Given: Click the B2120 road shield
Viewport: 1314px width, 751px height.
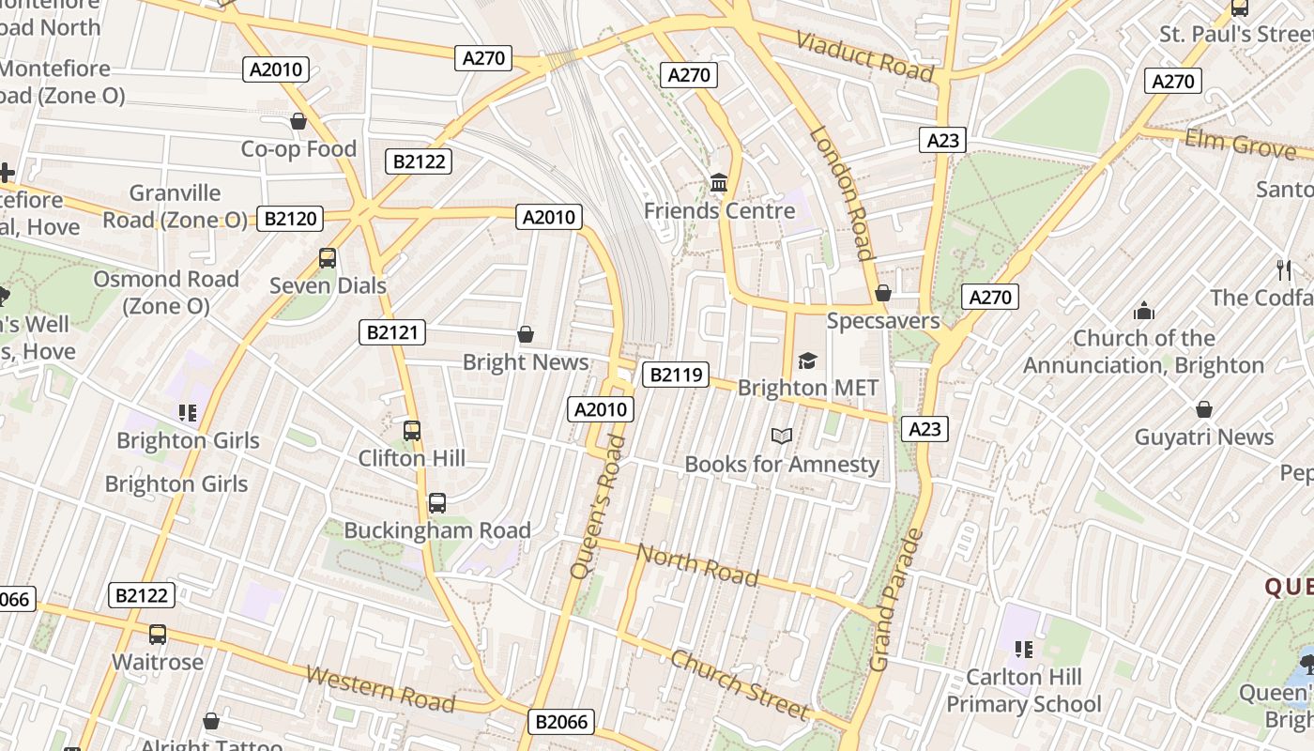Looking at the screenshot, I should (x=290, y=219).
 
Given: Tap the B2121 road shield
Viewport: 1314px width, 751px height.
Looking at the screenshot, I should (x=392, y=331).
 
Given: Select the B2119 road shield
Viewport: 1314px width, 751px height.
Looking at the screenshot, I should (x=675, y=375).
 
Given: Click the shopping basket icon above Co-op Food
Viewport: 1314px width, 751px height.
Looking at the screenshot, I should (x=298, y=121).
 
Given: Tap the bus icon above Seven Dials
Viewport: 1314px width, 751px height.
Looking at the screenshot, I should (x=328, y=257).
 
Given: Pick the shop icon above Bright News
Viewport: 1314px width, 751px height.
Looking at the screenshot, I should (x=526, y=334).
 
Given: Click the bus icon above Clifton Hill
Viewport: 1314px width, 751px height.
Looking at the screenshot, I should (x=412, y=431).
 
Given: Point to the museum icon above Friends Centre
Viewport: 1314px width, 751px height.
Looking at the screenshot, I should (x=719, y=182).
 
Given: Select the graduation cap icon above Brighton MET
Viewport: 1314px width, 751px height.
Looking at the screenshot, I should (x=807, y=360).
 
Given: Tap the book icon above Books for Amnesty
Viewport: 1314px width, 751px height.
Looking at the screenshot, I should (x=782, y=436).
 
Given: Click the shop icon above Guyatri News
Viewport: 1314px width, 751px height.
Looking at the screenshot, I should (x=1204, y=409).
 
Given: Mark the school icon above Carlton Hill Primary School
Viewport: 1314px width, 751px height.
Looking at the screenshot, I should (x=1023, y=649).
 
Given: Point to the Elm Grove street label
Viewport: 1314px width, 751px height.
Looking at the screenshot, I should (x=1240, y=144).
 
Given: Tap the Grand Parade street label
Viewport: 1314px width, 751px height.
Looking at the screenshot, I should (x=896, y=601).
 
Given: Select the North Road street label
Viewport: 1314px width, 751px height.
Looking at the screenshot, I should (x=697, y=564).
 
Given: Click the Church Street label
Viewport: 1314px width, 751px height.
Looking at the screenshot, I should (x=739, y=682).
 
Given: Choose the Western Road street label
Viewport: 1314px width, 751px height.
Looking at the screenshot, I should (x=380, y=689).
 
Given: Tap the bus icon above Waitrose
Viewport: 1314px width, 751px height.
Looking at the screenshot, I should (x=158, y=635).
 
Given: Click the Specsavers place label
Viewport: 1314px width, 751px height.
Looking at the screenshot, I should (x=882, y=321).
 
